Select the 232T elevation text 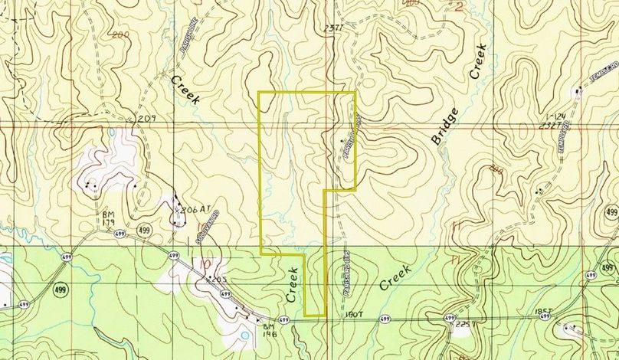(x=547, y=123)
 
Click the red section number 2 (x=459, y=7)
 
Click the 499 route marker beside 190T (x=383, y=318)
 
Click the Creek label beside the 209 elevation (x=185, y=90)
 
